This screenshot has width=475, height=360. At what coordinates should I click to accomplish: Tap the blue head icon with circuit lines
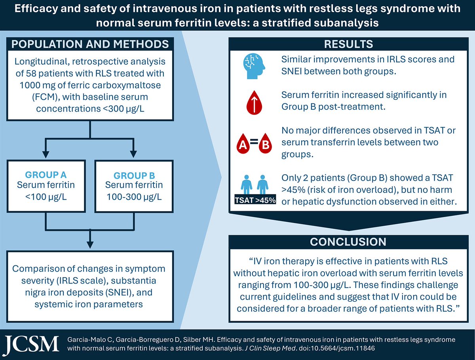(x=254, y=66)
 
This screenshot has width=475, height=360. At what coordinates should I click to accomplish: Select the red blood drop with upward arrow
(x=254, y=103)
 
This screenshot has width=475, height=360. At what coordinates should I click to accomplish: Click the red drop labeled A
(x=243, y=143)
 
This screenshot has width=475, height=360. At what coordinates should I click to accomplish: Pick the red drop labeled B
(x=265, y=143)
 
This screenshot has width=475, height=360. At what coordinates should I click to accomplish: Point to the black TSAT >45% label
(x=255, y=200)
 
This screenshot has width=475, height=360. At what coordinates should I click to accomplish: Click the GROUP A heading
(x=46, y=175)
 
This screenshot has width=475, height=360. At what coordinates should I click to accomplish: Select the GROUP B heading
(x=134, y=175)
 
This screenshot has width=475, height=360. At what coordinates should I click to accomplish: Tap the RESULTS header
(x=348, y=44)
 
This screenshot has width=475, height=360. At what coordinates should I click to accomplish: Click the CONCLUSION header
(x=348, y=242)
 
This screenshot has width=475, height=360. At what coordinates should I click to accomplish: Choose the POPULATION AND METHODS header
(x=90, y=44)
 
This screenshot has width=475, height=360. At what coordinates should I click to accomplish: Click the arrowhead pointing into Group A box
(x=46, y=154)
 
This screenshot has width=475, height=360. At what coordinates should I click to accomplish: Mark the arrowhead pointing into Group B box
(x=133, y=154)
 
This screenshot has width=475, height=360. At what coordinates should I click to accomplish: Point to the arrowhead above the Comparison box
(x=90, y=245)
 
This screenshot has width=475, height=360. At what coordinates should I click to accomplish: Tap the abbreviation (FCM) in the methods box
(x=46, y=97)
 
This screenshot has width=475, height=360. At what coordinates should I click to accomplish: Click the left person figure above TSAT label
(x=247, y=185)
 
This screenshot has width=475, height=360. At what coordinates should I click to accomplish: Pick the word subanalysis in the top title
(x=346, y=23)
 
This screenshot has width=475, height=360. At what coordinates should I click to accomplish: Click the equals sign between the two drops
(x=254, y=141)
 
